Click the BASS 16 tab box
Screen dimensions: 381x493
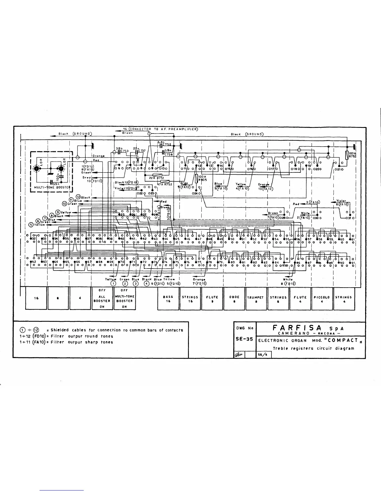pyautogui.click(x=168, y=299)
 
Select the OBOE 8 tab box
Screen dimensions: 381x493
pyautogui.click(x=234, y=299)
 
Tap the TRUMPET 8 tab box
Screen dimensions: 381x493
pyautogui.click(x=256, y=299)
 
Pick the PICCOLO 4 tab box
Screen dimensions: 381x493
pyautogui.click(x=322, y=299)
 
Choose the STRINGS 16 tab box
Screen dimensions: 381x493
pyautogui.click(x=190, y=299)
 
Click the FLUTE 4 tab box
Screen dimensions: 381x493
pyautogui.click(x=300, y=299)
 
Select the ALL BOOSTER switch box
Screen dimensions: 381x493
pyautogui.click(x=102, y=299)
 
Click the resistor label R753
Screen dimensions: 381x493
pyautogui.click(x=352, y=157)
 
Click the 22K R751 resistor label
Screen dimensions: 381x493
pyautogui.click(x=156, y=178)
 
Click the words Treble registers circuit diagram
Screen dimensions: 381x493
pyautogui.click(x=313, y=348)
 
